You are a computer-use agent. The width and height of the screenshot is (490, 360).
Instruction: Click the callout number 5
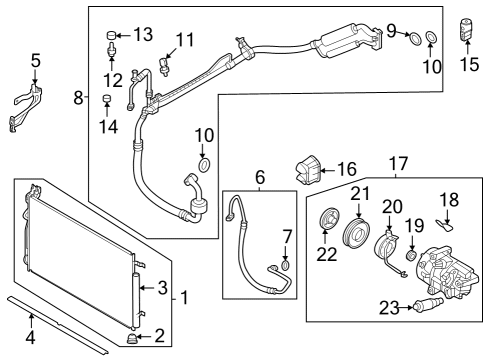pyautogui.click(x=35, y=61)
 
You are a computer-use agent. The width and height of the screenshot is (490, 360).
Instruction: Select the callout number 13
pyautogui.click(x=143, y=35)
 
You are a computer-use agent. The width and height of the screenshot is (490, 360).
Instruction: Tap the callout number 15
pyautogui.click(x=469, y=67)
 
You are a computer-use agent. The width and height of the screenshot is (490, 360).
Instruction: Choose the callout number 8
pyautogui.click(x=78, y=98)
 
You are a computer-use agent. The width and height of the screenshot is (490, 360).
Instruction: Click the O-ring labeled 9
pyautogui.click(x=412, y=38)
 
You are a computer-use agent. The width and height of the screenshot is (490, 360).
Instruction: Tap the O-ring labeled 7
pyautogui.click(x=286, y=264)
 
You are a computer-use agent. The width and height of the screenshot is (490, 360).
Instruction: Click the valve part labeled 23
pyautogui.click(x=429, y=304)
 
